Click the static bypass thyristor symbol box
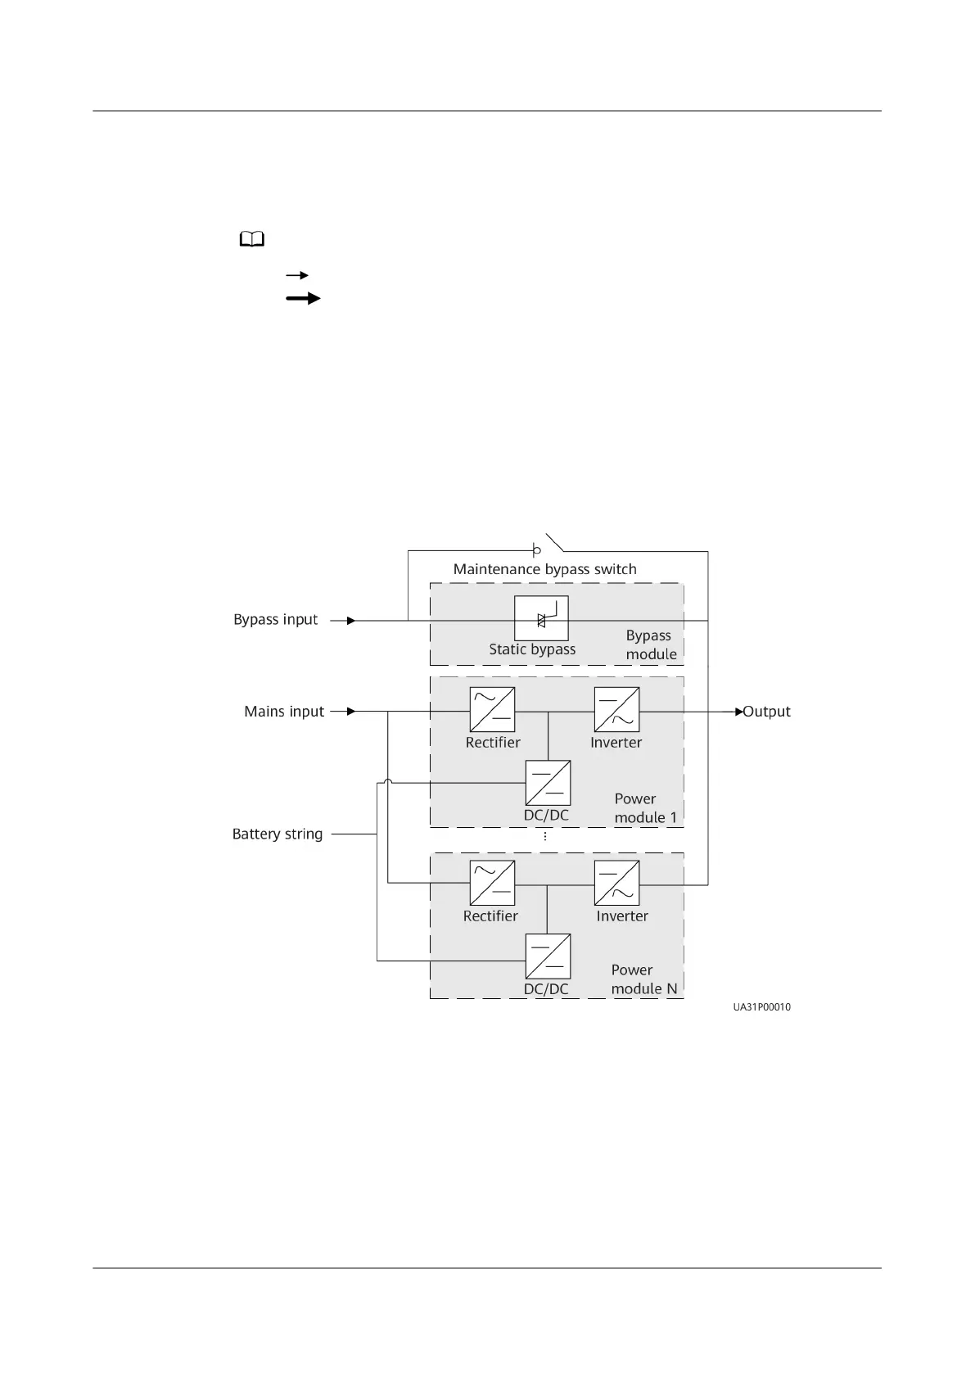click(x=540, y=618)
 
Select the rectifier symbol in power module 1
click(x=492, y=709)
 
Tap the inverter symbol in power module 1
click(x=616, y=709)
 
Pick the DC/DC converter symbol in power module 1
click(x=548, y=783)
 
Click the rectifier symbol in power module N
click(x=492, y=883)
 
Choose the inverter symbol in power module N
click(x=616, y=883)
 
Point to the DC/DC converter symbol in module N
click(x=548, y=956)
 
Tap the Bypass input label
click(x=275, y=620)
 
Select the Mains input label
click(x=284, y=712)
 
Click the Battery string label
click(x=278, y=834)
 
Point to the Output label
click(x=766, y=712)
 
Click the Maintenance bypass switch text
click(x=544, y=569)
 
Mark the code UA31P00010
click(x=761, y=1007)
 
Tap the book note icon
click(x=252, y=239)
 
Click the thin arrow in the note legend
click(x=296, y=276)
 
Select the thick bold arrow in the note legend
click(x=303, y=299)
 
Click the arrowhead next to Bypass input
click(x=351, y=621)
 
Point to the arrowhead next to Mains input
click(x=351, y=712)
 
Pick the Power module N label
click(x=643, y=979)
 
